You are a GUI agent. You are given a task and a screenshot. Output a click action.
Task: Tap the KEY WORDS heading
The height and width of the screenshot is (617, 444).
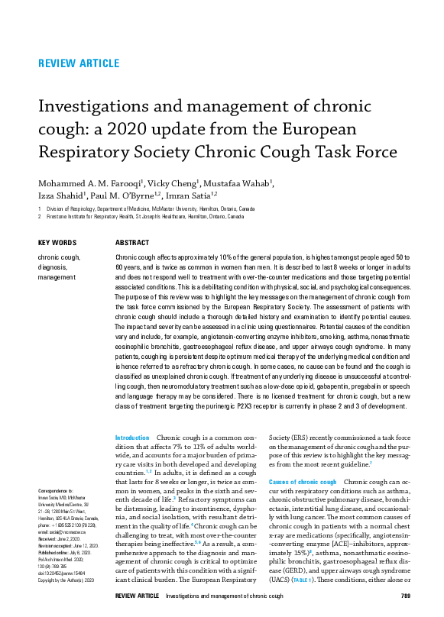click(57, 243)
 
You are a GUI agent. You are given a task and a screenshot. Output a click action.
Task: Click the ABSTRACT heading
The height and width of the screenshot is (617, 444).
click(131, 243)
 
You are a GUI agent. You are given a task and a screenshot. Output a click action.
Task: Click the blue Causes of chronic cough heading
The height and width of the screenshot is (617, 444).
click(302, 483)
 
